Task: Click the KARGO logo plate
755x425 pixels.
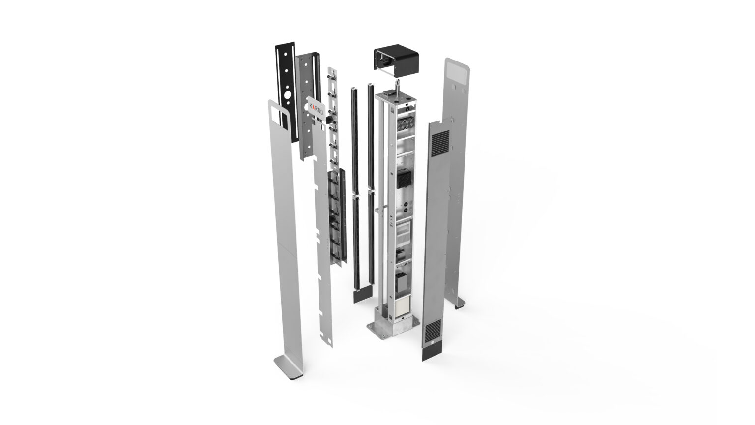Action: (317, 108)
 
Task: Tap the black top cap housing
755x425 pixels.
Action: (396, 61)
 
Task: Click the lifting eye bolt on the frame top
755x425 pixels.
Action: (398, 87)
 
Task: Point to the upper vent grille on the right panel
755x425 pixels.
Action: (440, 143)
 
